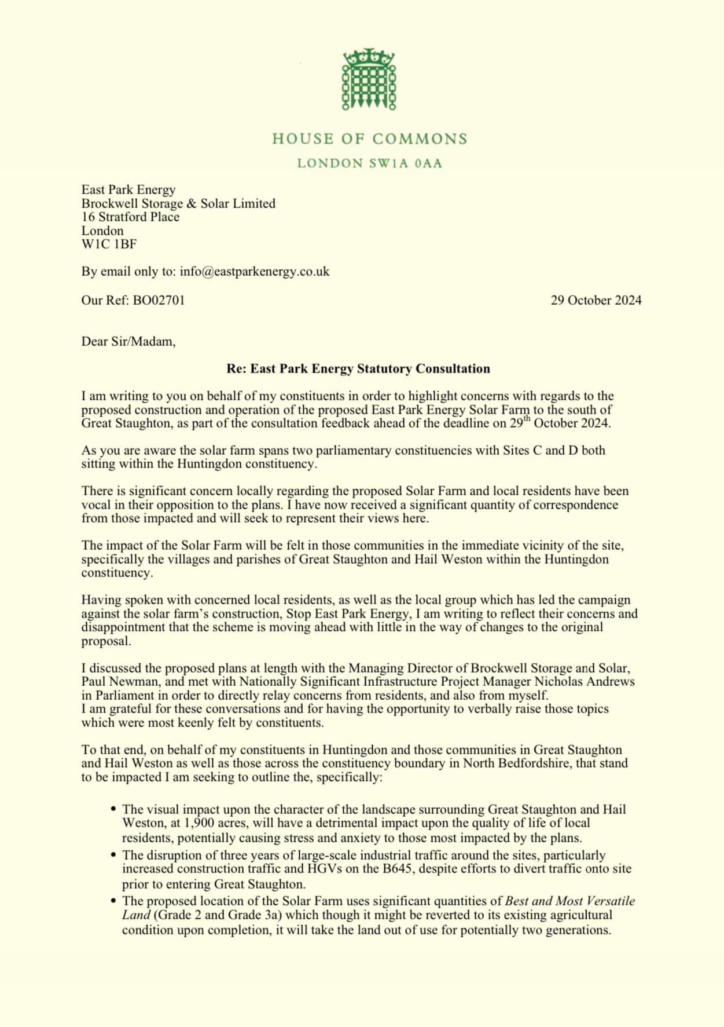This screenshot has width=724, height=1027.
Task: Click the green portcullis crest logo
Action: [369, 79]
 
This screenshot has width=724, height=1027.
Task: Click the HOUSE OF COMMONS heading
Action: [369, 139]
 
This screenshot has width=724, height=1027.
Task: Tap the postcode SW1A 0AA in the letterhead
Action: [405, 163]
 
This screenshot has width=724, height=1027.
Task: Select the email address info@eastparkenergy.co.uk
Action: [255, 271]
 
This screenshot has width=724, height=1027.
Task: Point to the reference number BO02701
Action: [159, 300]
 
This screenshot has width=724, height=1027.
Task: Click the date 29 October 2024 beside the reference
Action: [596, 300]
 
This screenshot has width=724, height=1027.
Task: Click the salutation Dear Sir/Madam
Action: [128, 341]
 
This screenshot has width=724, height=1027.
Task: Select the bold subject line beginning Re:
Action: [358, 368]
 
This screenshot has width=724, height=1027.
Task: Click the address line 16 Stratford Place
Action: [130, 217]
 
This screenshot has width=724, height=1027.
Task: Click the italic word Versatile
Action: [611, 901]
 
